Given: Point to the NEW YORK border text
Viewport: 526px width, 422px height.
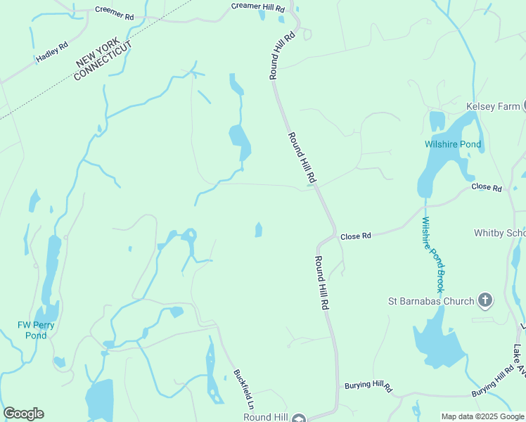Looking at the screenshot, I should [x=95, y=53].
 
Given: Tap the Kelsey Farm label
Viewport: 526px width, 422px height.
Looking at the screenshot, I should [x=493, y=107].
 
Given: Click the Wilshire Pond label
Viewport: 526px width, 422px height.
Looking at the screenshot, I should [x=453, y=144].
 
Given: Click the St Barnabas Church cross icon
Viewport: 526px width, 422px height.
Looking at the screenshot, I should [x=485, y=301].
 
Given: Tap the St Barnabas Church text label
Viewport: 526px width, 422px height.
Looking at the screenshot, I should [x=431, y=302].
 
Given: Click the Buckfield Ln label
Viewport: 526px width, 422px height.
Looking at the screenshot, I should [x=243, y=390].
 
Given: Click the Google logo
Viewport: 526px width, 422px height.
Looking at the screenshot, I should [x=23, y=414].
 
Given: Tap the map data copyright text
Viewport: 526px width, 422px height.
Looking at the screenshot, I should [x=482, y=416].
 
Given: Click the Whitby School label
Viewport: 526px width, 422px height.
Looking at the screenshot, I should [x=499, y=233].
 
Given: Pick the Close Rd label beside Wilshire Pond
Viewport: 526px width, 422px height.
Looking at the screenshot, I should [x=487, y=188].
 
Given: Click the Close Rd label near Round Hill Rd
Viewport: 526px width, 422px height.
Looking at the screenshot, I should [x=355, y=236].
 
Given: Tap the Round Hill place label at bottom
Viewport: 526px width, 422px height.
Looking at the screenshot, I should [x=267, y=417].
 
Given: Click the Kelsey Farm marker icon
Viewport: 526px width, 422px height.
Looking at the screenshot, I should [x=524, y=106].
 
